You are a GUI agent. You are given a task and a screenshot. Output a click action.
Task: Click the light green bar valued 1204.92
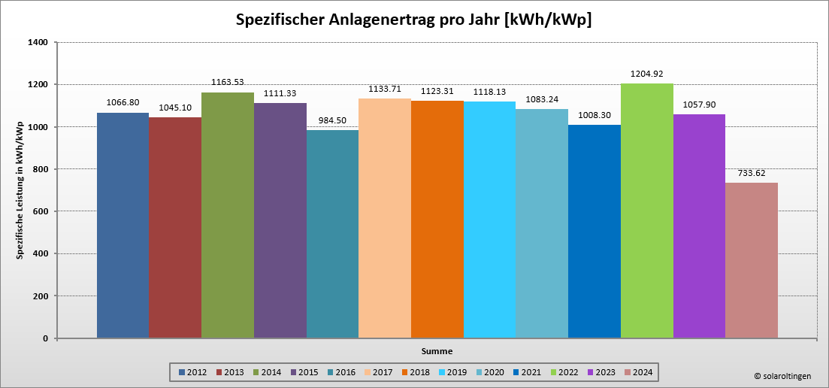tap(646, 211)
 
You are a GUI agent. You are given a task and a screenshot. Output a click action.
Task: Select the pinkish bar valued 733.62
tap(752, 260)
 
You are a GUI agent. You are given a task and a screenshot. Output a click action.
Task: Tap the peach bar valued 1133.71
tap(385, 218)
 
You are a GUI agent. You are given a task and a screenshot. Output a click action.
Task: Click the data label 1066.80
tap(123, 102)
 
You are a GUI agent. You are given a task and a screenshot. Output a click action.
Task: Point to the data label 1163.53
tap(228, 82)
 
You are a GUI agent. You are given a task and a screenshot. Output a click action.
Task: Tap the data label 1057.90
tap(699, 105)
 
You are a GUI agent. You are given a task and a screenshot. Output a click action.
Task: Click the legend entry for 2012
tap(192, 372)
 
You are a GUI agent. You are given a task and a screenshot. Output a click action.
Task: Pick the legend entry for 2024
tap(637, 372)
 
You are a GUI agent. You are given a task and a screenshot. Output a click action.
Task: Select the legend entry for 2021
tap(526, 372)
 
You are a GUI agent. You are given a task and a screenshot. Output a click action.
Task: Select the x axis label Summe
tap(437, 351)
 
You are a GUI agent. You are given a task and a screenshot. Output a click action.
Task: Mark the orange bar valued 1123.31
tap(437, 219)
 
